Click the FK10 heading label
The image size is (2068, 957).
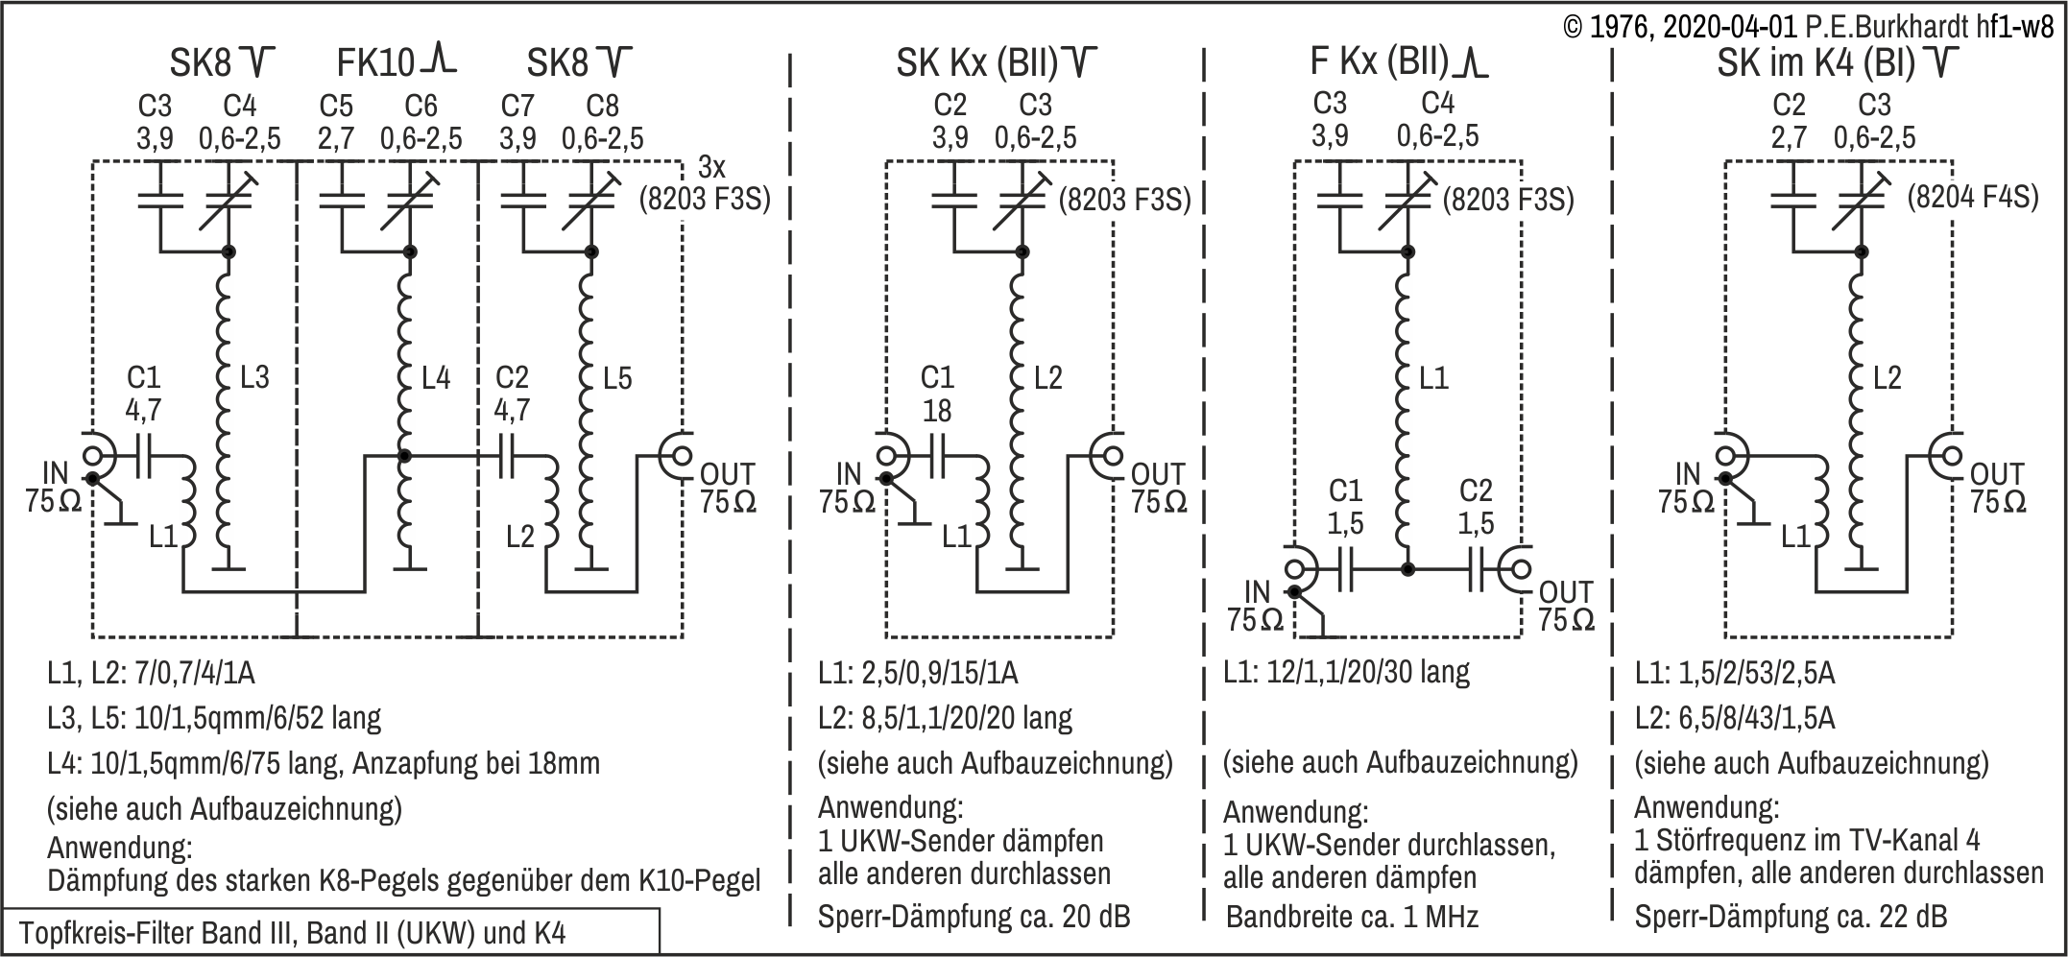pyautogui.click(x=375, y=63)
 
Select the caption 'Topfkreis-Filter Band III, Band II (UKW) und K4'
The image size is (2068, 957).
pyautogui.click(x=292, y=933)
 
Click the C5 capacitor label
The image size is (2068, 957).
pyautogui.click(x=335, y=105)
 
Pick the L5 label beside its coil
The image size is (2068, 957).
pyautogui.click(x=617, y=378)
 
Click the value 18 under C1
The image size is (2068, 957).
pyautogui.click(x=936, y=411)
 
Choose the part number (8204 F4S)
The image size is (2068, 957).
pyautogui.click(x=1972, y=197)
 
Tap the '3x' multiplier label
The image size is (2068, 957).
pyautogui.click(x=710, y=167)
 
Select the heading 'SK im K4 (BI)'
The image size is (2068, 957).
pyautogui.click(x=1816, y=63)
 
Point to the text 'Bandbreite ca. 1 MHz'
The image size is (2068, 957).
pyautogui.click(x=1352, y=916)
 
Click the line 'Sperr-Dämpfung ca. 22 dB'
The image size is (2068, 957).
pyautogui.click(x=1791, y=917)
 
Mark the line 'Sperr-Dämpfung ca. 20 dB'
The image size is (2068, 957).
pyautogui.click(x=974, y=917)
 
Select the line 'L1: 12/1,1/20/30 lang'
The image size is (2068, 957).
pyautogui.click(x=1346, y=672)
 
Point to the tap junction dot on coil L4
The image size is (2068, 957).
pyautogui.click(x=404, y=456)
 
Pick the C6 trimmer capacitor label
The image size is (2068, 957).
pyautogui.click(x=421, y=105)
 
